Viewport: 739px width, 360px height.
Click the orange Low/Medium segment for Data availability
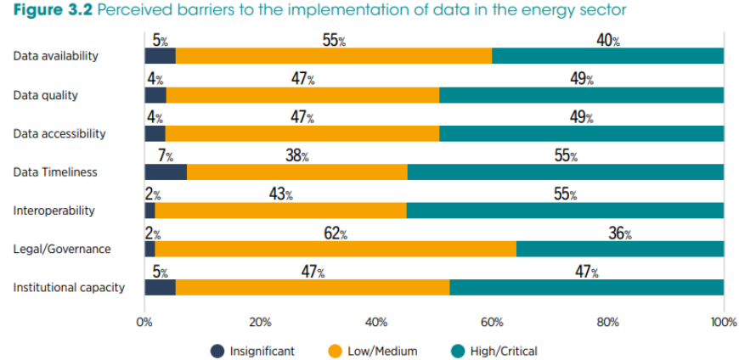pos(333,56)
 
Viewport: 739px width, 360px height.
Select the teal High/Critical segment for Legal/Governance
pos(619,249)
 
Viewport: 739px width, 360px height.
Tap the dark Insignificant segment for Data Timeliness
pos(166,172)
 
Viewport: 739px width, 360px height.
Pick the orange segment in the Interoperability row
pos(280,211)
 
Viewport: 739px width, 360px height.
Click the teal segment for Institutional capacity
pos(586,287)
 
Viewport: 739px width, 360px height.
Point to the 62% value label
pos(336,233)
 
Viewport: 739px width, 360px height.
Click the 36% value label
pos(619,233)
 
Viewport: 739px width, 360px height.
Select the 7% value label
pos(165,156)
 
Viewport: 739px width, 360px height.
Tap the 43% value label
pos(280,194)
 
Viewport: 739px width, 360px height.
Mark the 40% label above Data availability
pos(608,41)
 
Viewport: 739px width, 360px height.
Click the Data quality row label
pos(46,95)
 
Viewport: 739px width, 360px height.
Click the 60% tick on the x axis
pos(492,323)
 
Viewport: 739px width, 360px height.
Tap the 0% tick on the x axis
pos(144,323)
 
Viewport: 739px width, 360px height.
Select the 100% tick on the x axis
pos(723,323)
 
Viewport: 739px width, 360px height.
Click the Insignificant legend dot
pos(217,351)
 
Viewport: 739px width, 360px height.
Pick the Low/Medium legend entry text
pos(382,351)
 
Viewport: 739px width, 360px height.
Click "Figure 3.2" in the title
pos(52,10)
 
